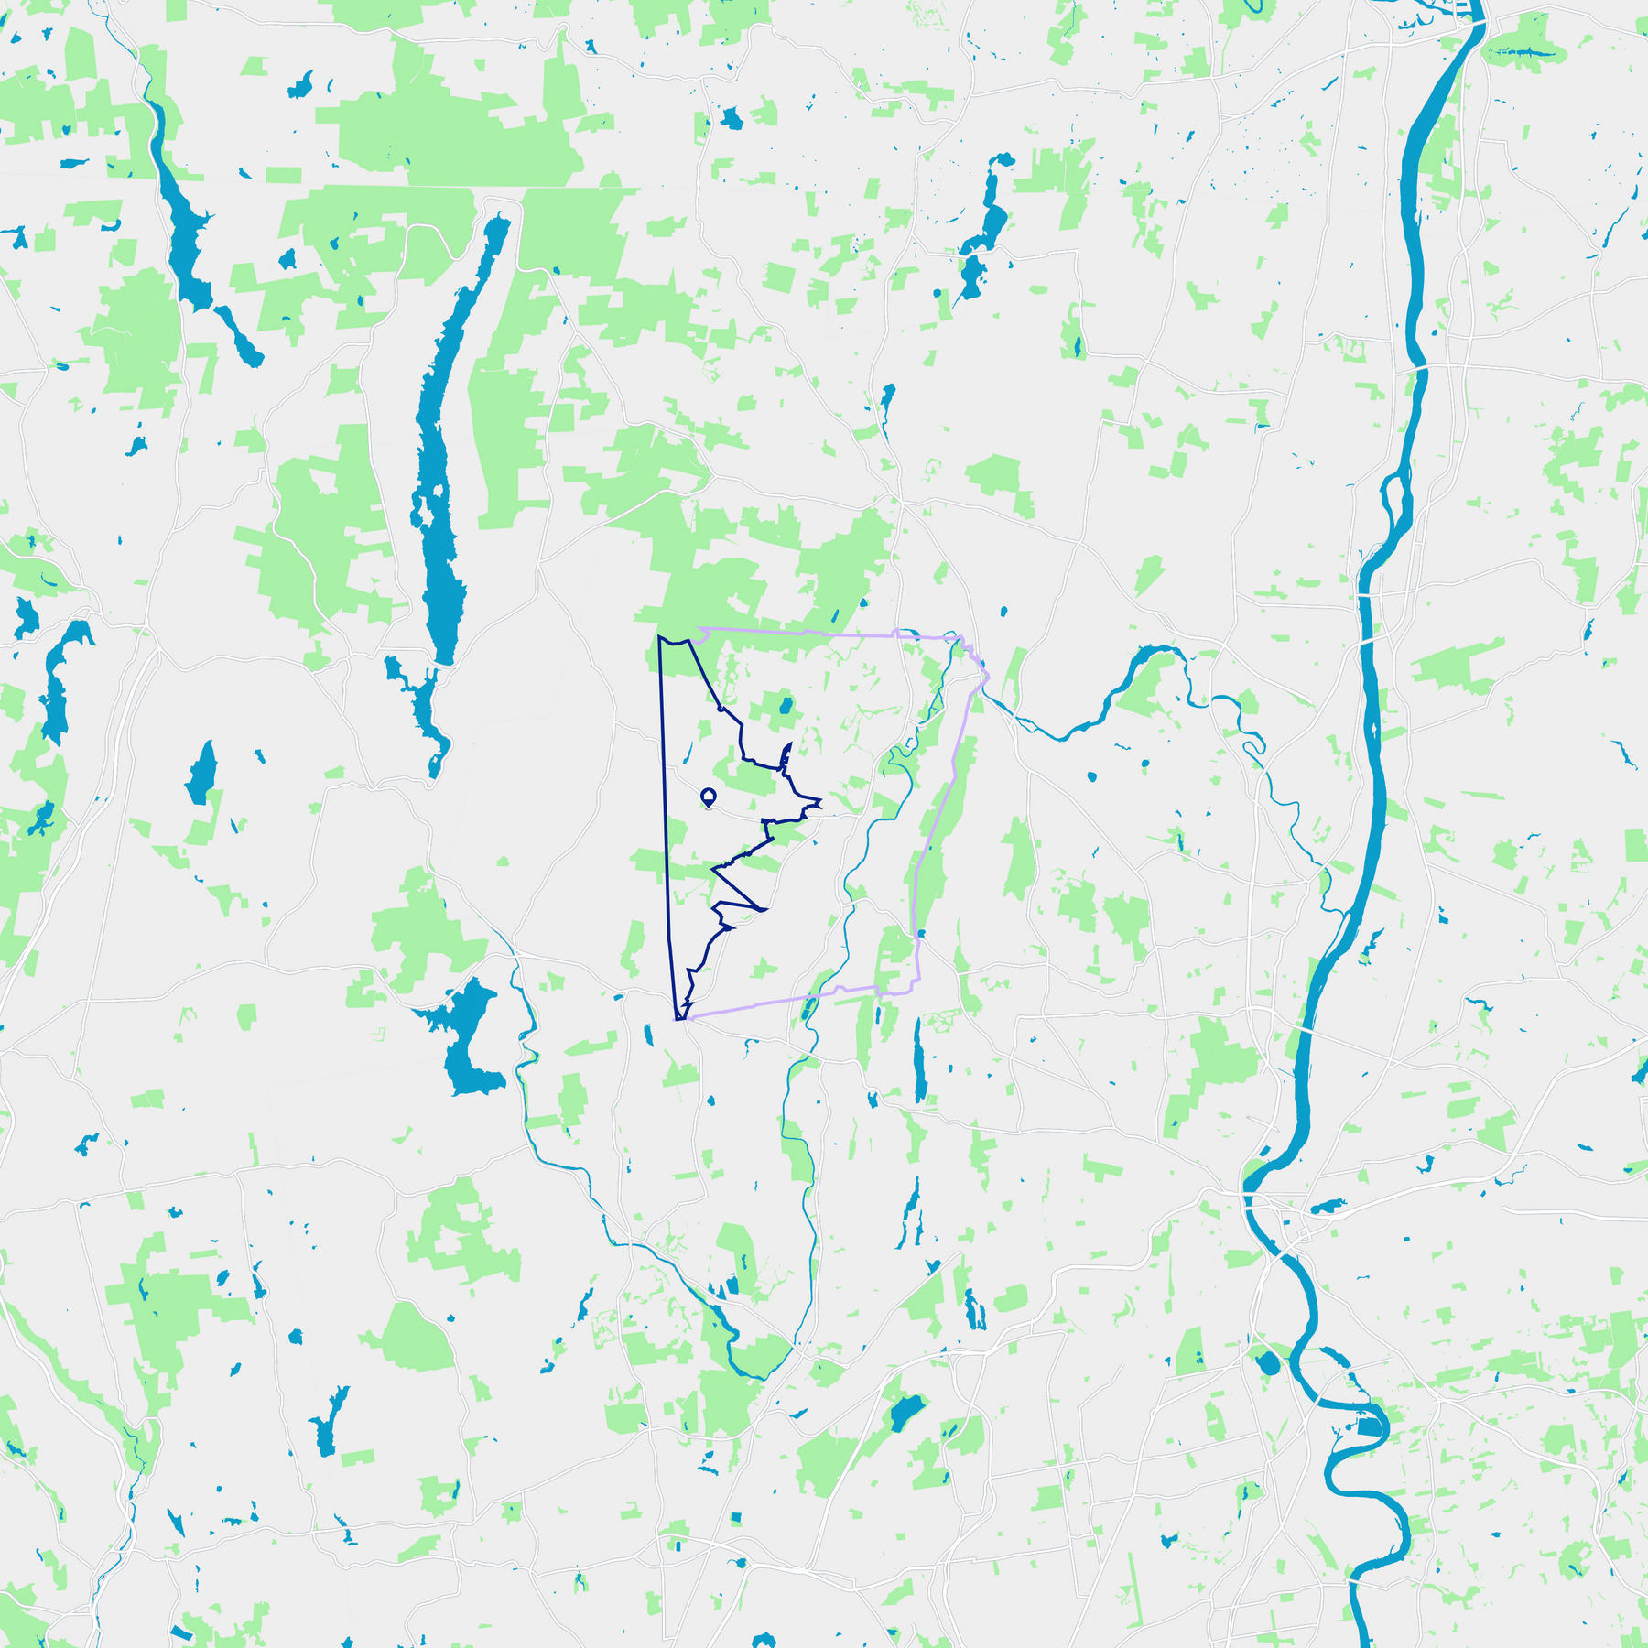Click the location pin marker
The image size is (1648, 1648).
[708, 797]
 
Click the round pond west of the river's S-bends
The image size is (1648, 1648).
[1268, 1364]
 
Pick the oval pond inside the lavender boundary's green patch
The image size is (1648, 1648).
[785, 706]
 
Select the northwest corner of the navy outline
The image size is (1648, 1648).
[659, 636]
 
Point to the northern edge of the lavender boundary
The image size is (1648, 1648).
[824, 632]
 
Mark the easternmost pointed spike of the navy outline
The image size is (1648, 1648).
[820, 803]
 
